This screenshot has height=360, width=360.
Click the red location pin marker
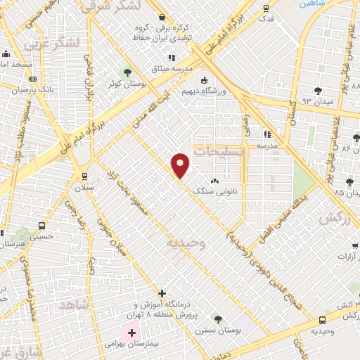pyautogui.click(x=181, y=165)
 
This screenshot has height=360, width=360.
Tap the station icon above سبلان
pyautogui.click(x=84, y=176)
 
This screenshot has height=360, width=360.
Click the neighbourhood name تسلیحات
pyautogui.click(x=220, y=151)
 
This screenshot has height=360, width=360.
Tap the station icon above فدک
pyautogui.click(x=266, y=8)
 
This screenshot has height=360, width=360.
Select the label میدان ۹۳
pyautogui.click(x=316, y=101)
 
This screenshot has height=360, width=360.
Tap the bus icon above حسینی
pyautogui.click(x=42, y=226)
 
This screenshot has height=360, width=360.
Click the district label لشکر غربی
pyautogui.click(x=51, y=44)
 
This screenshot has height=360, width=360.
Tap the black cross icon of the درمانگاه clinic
pyautogui.click(x=162, y=292)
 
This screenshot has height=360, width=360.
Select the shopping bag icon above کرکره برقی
pyautogui.click(x=162, y=17)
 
